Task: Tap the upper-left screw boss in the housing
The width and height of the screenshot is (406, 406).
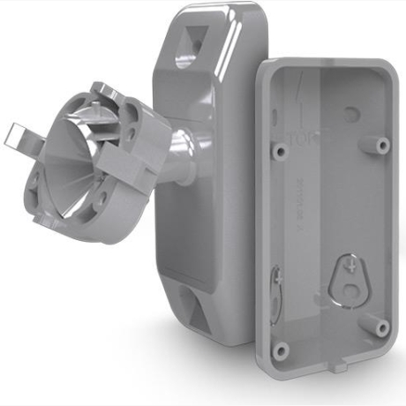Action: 280,151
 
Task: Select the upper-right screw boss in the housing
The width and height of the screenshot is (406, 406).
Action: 382,143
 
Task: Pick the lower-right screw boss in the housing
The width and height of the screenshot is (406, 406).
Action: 381,327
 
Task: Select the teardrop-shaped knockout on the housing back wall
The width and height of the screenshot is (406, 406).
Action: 351,277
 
